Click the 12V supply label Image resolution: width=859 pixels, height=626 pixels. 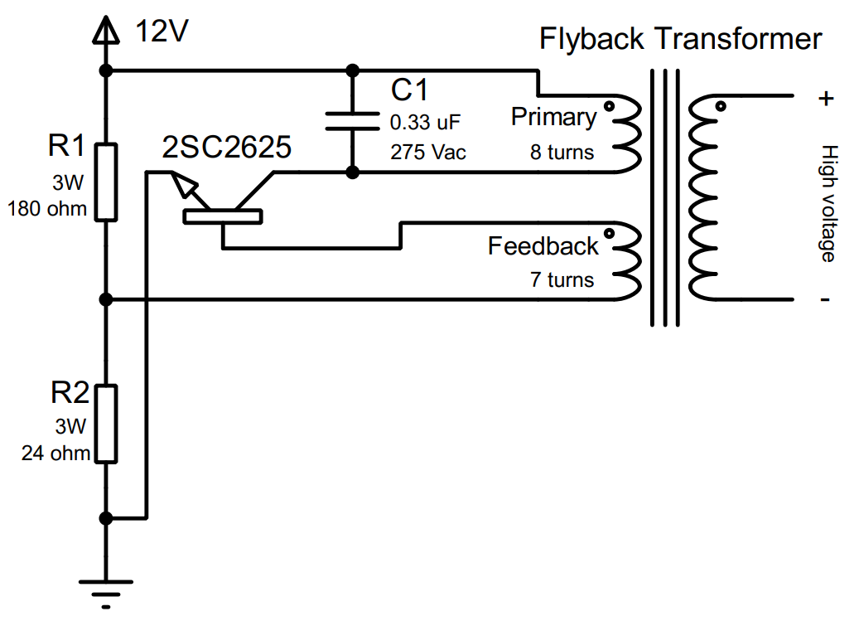pos(163,32)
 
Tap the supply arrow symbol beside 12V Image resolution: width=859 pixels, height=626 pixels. pos(105,31)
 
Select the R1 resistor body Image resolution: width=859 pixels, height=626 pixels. pos(105,182)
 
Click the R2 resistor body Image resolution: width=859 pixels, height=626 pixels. pos(105,423)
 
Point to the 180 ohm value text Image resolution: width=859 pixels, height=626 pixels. pos(47,209)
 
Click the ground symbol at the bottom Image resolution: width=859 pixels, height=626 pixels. pos(105,590)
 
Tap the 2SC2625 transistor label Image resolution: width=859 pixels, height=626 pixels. pos(227,148)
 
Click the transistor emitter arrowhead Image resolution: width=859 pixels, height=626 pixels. pos(188,192)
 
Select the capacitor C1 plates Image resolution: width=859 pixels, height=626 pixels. pos(352,121)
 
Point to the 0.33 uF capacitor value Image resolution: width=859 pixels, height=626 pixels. pos(424,124)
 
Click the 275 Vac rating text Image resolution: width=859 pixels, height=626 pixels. pos(427,153)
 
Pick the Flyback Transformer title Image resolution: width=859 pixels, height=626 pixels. pos(680,39)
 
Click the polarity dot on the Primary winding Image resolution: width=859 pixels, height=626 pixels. pos(610,106)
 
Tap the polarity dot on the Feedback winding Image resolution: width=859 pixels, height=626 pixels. pos(610,233)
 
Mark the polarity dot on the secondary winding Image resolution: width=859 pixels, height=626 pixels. pos(720,106)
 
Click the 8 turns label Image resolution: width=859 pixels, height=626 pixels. pos(562,153)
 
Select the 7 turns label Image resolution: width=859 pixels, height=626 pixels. pos(562,279)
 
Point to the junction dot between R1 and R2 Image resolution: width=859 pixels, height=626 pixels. pos(105,299)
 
